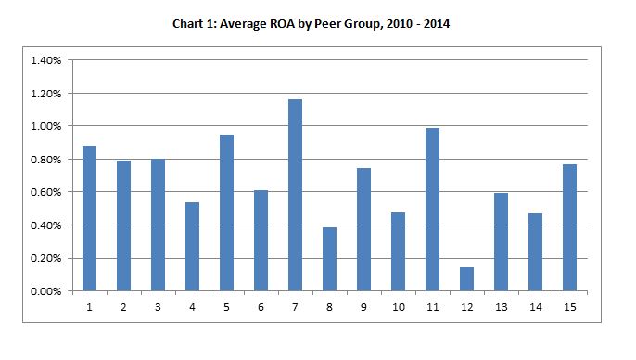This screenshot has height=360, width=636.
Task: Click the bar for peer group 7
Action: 295,195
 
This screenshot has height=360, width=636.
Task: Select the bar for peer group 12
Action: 466,279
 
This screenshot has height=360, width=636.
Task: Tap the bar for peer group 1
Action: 89,218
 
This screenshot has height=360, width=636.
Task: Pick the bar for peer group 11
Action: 432,210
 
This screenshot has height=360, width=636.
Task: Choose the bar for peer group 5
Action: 226,212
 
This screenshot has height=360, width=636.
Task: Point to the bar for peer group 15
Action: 569,227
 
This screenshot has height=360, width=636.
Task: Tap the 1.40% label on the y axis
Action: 47,60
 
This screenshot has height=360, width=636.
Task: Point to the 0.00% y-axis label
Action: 47,291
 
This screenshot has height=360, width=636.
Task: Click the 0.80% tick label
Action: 47,160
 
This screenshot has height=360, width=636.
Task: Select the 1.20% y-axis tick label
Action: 47,94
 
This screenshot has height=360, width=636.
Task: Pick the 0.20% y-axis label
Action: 47,258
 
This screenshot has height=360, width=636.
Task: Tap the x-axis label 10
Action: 398,305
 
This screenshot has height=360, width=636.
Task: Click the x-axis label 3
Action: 158,305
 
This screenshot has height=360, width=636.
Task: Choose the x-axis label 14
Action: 535,305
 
